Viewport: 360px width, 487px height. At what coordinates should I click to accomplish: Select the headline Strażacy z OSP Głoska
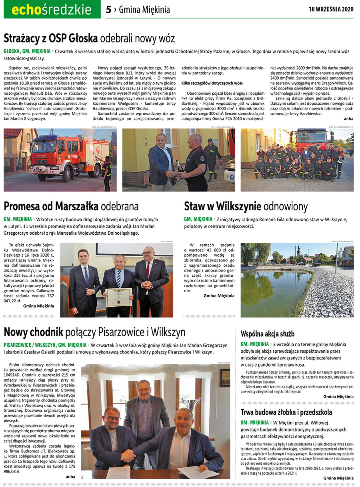tap(51, 38)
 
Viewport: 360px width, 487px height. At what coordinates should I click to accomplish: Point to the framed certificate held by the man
tap(118, 297)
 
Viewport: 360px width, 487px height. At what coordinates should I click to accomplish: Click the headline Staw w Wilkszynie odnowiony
tap(246, 206)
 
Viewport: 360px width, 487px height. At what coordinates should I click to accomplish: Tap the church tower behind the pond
tap(298, 251)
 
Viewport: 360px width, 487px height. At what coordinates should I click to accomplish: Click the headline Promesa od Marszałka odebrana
tap(71, 206)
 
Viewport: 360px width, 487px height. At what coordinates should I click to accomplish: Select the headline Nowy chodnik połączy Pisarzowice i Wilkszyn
tap(94, 332)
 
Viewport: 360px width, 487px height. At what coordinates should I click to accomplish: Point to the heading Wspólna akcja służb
tap(267, 333)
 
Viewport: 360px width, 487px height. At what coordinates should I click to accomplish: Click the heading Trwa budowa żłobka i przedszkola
tap(286, 412)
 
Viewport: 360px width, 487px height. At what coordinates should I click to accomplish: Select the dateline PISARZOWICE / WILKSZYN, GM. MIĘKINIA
tap(45, 345)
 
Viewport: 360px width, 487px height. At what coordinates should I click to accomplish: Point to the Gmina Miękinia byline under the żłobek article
tap(338, 478)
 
